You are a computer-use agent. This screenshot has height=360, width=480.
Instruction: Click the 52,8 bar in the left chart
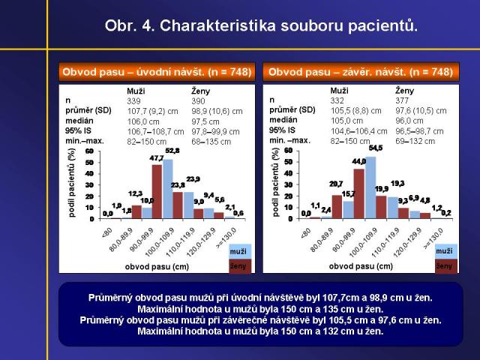click(x=168, y=187)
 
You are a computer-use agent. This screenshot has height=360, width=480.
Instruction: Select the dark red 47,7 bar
click(x=157, y=190)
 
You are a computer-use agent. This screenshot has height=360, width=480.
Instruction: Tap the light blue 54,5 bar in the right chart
click(x=370, y=186)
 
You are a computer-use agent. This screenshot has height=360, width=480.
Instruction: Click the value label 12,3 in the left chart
click(x=135, y=193)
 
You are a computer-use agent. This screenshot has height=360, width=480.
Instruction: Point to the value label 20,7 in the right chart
click(x=336, y=184)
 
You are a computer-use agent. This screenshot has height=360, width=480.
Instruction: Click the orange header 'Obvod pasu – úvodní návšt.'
click(x=157, y=72)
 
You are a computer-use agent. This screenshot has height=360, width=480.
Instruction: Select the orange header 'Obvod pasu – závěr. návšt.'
click(x=360, y=72)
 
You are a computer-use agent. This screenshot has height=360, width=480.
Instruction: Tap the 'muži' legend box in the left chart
click(x=239, y=250)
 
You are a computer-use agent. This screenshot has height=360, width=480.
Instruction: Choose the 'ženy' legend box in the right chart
click(x=443, y=265)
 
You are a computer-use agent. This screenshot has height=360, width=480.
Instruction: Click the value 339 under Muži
click(x=134, y=100)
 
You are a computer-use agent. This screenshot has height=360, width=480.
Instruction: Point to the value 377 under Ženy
click(x=402, y=100)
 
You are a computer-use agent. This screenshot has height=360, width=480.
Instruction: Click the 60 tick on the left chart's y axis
click(x=89, y=152)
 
